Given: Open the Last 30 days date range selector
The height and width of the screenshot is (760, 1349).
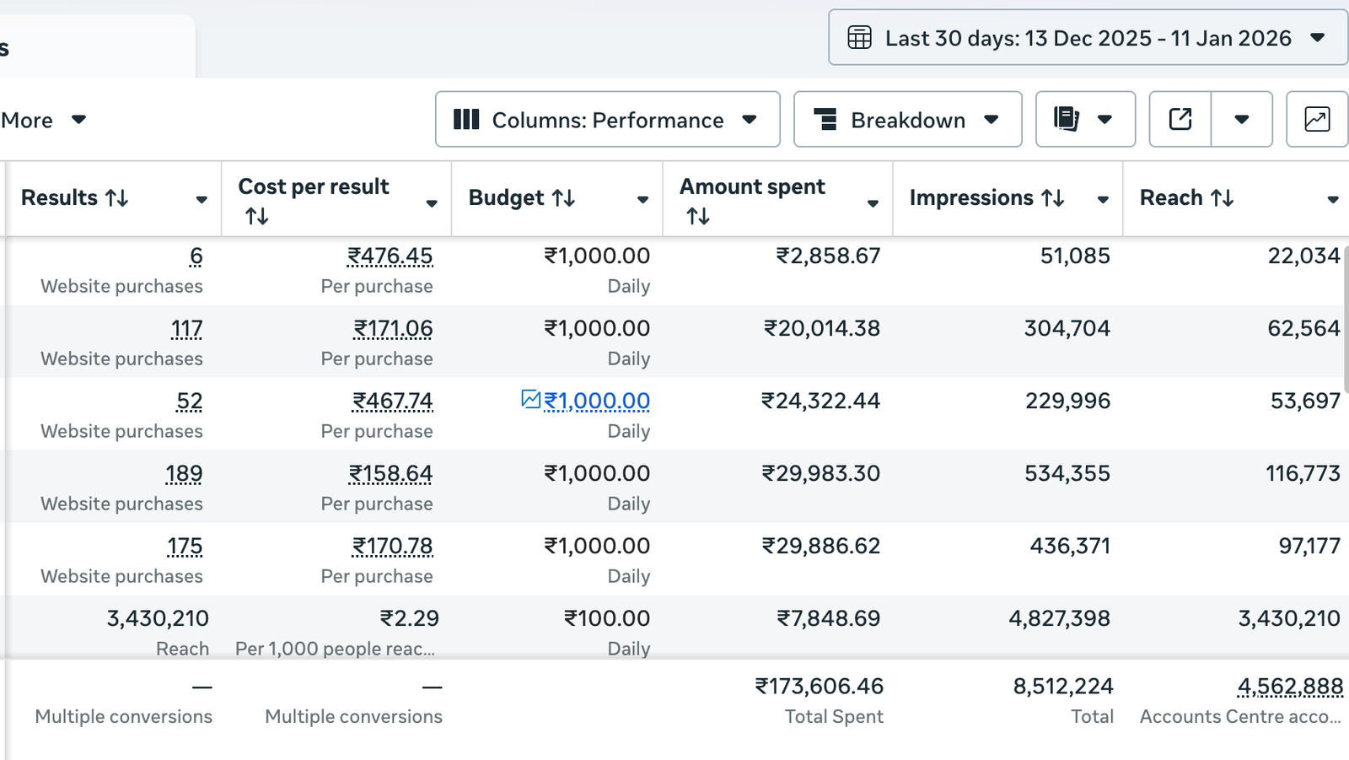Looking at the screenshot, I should pyautogui.click(x=1088, y=38).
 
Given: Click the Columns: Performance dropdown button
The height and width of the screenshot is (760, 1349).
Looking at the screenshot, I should pyautogui.click(x=607, y=120).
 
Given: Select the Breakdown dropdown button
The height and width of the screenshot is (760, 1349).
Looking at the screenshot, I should pyautogui.click(x=907, y=120).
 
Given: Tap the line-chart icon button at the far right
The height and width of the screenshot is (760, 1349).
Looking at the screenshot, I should pyautogui.click(x=1316, y=120).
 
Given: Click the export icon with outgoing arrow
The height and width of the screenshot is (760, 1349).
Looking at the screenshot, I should pyautogui.click(x=1180, y=120).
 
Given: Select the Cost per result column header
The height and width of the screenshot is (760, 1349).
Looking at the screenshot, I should pyautogui.click(x=314, y=187).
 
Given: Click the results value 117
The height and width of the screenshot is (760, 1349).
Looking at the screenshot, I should pyautogui.click(x=186, y=328).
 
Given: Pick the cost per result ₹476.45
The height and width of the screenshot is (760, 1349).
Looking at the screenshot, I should pyautogui.click(x=390, y=256).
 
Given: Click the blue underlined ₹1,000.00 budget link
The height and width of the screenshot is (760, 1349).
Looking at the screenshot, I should pyautogui.click(x=597, y=401).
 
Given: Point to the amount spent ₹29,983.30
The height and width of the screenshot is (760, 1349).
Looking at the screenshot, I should pyautogui.click(x=820, y=473).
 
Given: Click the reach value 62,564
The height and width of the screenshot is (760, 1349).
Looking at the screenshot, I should pyautogui.click(x=1303, y=328).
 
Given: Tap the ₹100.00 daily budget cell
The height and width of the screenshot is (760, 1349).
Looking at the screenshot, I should pyautogui.click(x=607, y=618).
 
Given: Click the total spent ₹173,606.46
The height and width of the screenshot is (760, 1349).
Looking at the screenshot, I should pyautogui.click(x=820, y=686).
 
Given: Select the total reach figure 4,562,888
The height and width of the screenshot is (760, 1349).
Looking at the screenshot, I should pyautogui.click(x=1290, y=687).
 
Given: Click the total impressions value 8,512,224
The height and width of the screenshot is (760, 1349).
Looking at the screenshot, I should pyautogui.click(x=1063, y=686).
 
